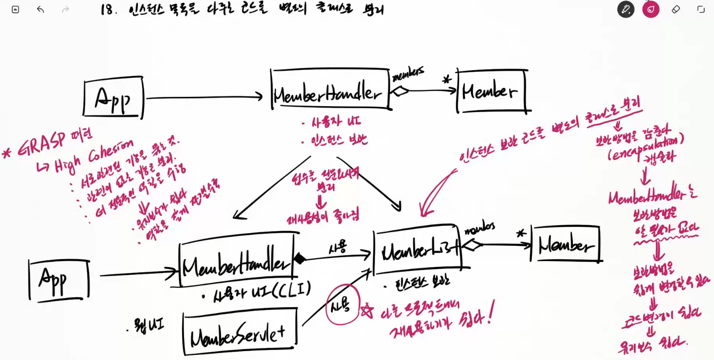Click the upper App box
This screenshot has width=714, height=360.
point(113,98)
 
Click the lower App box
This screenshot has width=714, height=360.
point(59,279)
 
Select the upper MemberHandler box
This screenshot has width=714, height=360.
point(329,90)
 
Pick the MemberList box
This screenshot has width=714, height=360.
point(417,252)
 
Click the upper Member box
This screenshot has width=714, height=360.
point(491,91)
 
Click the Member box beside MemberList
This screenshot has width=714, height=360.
point(565,244)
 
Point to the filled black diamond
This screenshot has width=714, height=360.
point(299,259)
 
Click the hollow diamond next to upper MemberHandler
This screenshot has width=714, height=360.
point(400,91)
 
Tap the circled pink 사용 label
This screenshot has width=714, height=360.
point(343,305)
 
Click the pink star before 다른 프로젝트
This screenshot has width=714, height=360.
point(367,310)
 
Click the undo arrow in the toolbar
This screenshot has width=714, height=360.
point(40,9)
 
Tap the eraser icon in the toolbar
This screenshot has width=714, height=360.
point(676,9)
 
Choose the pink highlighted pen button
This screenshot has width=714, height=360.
point(651,9)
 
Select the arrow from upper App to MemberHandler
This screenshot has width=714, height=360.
point(204,97)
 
